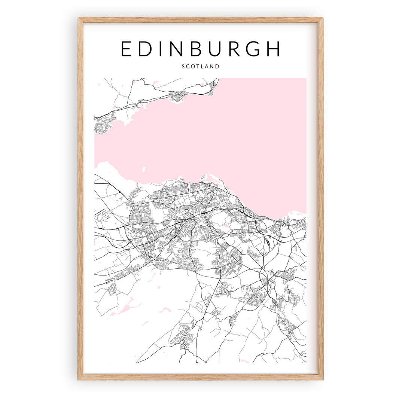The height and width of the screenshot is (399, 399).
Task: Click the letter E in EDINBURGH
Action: tap(127, 49)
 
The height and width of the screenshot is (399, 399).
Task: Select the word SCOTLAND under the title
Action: tap(200, 67)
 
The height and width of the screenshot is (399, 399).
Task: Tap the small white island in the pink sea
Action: tap(143, 170)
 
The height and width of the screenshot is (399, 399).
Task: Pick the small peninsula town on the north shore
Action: tap(176, 98)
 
